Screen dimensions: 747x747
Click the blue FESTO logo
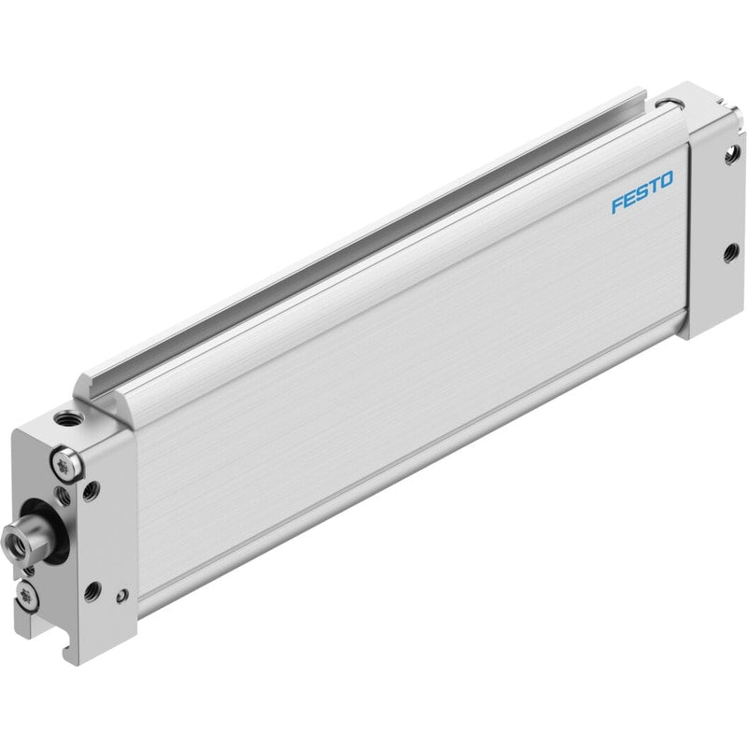[x=642, y=191]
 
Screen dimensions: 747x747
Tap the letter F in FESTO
[x=618, y=204]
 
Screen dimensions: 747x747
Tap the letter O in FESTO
[x=666, y=179]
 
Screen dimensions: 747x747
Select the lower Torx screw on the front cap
[x=26, y=595]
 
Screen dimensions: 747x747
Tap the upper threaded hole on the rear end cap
[x=731, y=155]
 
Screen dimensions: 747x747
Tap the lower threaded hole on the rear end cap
[x=728, y=254]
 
